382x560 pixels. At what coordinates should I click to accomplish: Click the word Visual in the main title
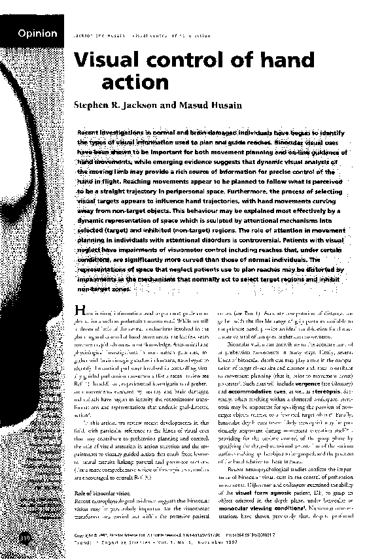(109, 61)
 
